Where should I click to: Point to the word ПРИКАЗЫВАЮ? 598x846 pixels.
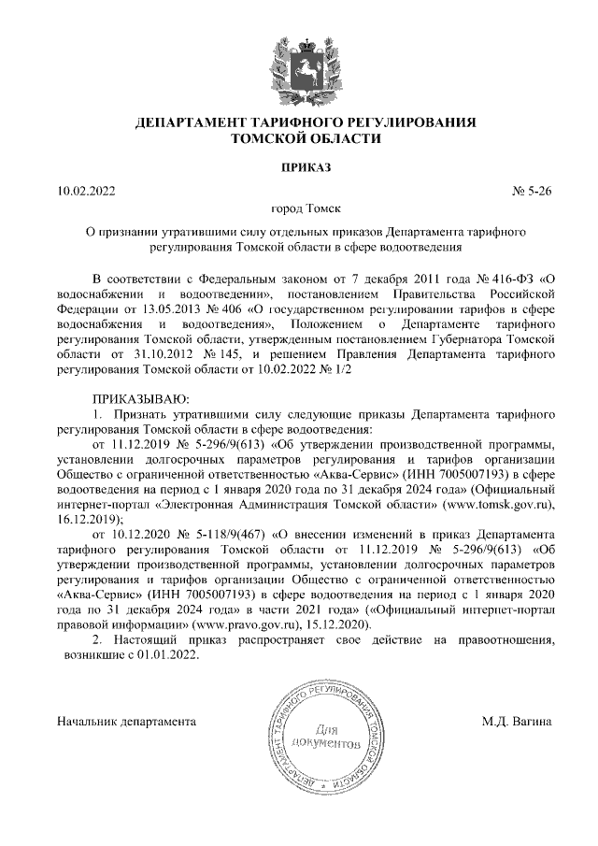click(x=130, y=398)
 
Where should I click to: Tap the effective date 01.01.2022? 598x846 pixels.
click(x=174, y=654)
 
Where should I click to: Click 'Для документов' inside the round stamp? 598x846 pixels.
click(x=325, y=737)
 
